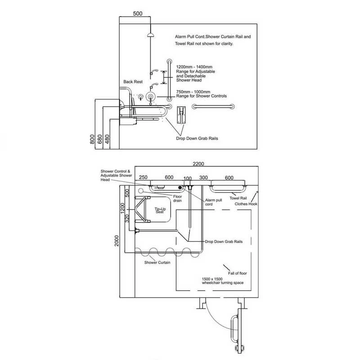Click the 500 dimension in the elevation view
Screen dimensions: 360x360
tap(138, 13)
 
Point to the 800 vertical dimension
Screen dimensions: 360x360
tap(93, 139)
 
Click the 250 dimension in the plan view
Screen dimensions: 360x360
tap(143, 178)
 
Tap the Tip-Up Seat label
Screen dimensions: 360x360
tap(160, 211)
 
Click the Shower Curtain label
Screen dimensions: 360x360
tap(157, 262)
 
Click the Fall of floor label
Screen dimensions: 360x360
tap(237, 273)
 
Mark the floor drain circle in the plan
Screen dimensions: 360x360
tap(141, 191)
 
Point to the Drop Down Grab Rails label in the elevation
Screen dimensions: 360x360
tap(197, 139)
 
